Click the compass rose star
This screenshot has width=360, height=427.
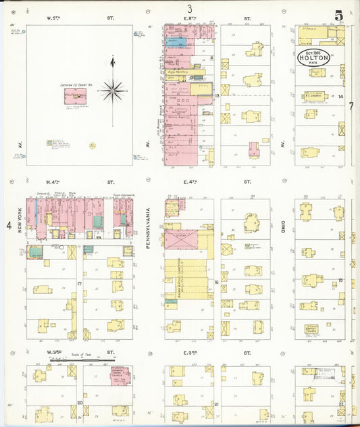(x=113, y=89)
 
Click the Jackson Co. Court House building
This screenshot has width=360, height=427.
(x=74, y=96)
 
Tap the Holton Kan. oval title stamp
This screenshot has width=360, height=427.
(x=314, y=57)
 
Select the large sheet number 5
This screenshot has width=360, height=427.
(x=338, y=16)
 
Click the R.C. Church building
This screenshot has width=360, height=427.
(x=315, y=96)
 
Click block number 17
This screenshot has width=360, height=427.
(x=80, y=284)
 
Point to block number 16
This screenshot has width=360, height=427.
(x=216, y=283)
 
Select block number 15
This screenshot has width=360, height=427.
(x=340, y=280)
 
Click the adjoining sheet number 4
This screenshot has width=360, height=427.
(x=9, y=225)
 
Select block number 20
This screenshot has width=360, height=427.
(x=80, y=403)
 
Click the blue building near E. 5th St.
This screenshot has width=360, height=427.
(x=174, y=42)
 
